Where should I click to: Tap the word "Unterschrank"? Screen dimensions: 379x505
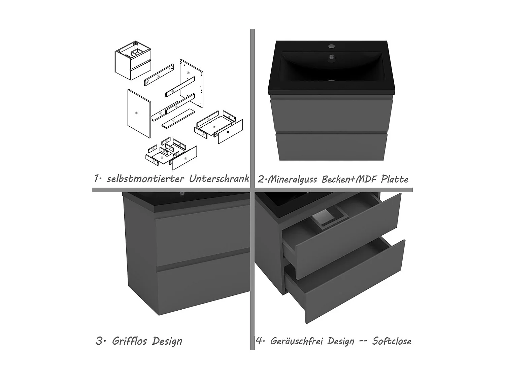coord(219,179)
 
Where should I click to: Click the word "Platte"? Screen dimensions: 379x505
coord(395,179)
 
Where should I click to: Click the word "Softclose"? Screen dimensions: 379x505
coord(392,341)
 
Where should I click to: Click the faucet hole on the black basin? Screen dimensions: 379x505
coord(332,45)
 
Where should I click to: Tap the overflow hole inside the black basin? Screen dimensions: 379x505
coord(332,58)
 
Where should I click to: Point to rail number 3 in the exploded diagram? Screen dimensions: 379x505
coord(159,75)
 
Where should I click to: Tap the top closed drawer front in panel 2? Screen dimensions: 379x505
coord(332,115)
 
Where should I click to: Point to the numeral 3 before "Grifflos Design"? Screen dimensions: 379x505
coord(99,341)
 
